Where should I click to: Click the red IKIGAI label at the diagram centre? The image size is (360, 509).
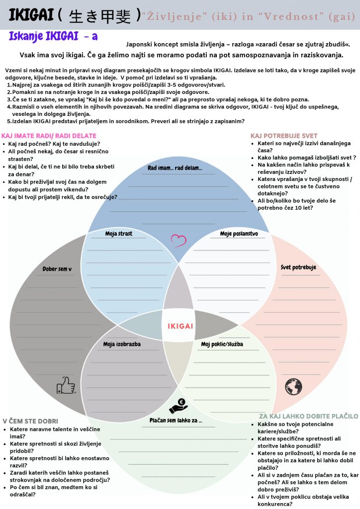(180, 326)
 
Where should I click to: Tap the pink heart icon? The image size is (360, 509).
(179, 241)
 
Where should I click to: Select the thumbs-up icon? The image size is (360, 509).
(66, 385)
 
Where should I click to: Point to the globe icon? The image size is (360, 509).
(293, 387)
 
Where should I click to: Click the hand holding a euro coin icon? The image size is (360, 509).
(178, 406)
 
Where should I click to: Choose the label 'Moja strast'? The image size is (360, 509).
(118, 234)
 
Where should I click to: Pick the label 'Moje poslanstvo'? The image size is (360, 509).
(239, 234)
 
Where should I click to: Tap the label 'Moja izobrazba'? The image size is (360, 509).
(122, 344)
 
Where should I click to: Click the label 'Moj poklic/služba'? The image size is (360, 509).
(222, 344)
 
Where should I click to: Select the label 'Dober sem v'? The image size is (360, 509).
(57, 269)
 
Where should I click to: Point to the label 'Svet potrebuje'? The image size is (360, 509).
(298, 267)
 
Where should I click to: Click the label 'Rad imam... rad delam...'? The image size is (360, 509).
(175, 168)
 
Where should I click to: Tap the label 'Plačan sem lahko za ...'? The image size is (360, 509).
(176, 421)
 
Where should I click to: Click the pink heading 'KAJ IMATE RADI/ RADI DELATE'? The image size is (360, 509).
(49, 136)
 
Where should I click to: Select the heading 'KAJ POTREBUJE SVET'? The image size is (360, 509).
(284, 136)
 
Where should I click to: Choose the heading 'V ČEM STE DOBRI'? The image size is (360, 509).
(30, 421)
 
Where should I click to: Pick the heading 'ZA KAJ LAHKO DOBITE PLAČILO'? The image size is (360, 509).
(309, 416)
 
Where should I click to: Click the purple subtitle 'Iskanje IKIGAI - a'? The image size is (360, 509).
(53, 36)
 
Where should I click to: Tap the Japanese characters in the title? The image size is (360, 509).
(100, 16)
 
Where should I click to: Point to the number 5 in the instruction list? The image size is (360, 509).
(8, 121)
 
